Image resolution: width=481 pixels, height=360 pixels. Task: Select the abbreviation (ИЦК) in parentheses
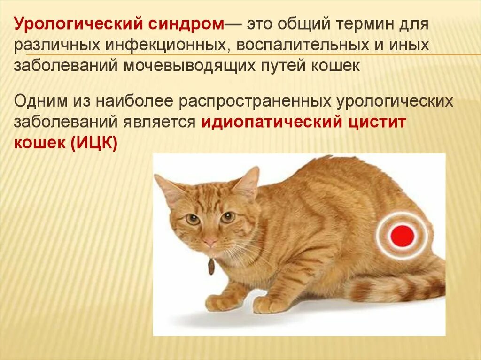94,143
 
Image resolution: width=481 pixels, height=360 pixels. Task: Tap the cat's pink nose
210,243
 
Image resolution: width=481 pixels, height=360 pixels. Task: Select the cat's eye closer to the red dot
227,217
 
